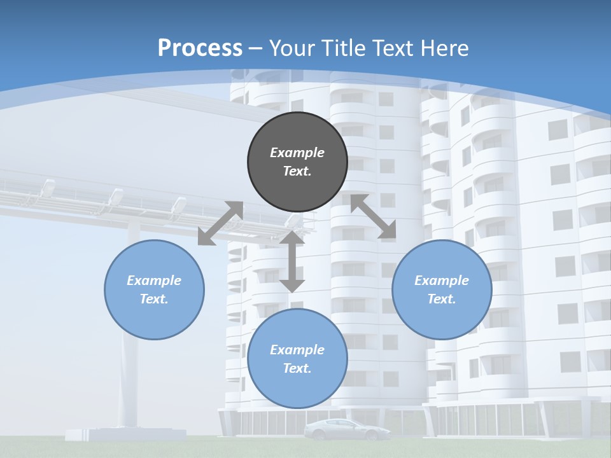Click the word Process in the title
tap(200, 48)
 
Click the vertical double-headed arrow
tap(292, 261)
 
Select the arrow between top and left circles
tap(220, 223)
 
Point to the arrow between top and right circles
tap(373, 216)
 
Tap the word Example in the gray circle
tap(297, 153)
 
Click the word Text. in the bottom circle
tap(297, 368)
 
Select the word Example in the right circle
tap(442, 281)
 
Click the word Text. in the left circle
tap(154, 299)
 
